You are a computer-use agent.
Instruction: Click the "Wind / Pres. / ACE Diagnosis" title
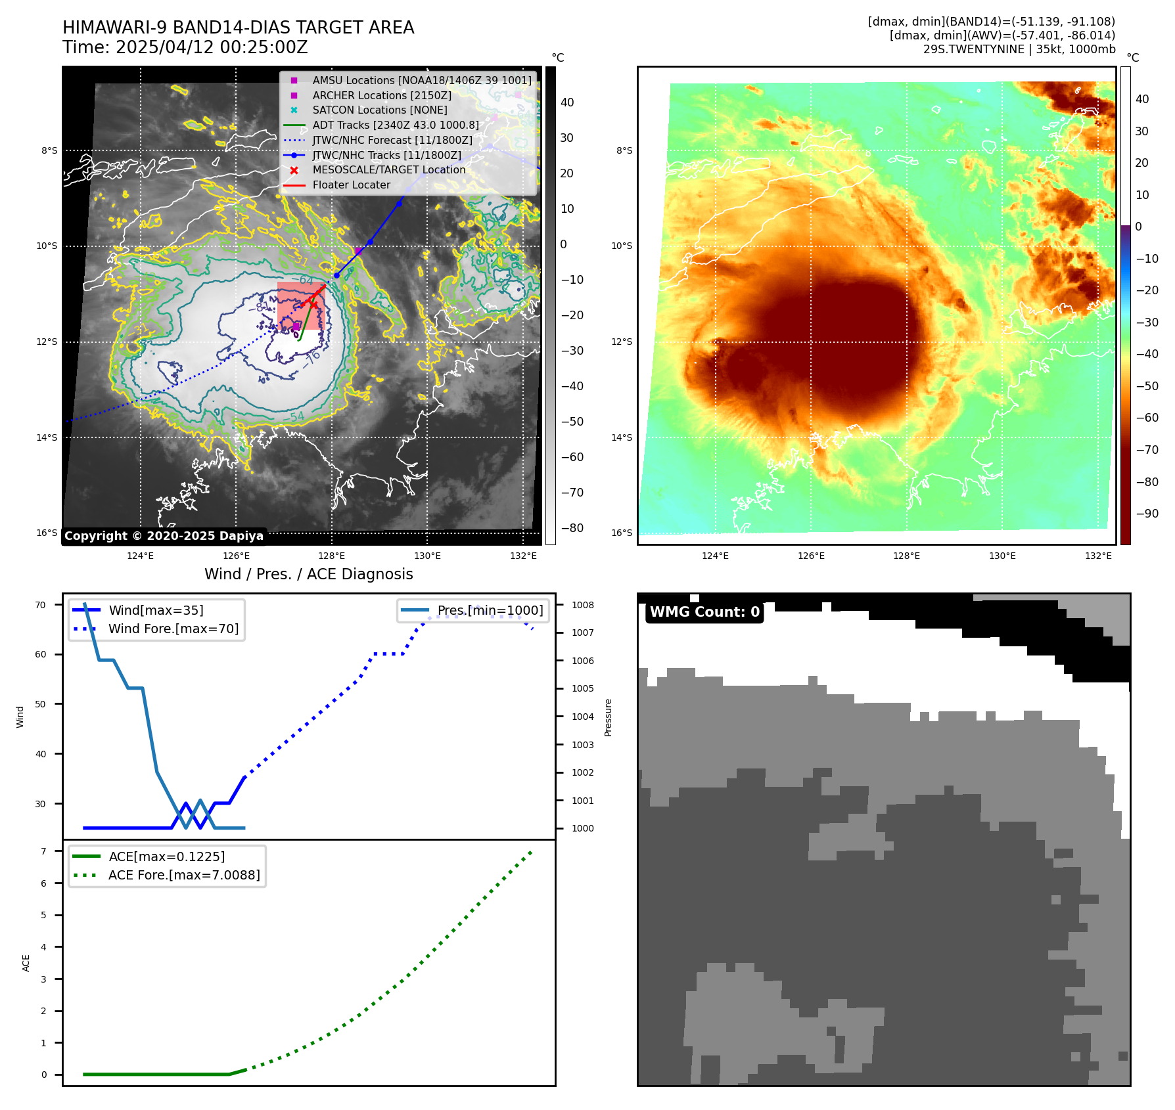tap(308, 574)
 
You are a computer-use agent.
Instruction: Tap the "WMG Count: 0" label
tap(704, 612)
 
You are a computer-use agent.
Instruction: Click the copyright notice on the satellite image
tap(164, 536)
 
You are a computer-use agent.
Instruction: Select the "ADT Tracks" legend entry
tap(395, 125)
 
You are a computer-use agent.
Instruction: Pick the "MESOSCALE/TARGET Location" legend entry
tap(388, 169)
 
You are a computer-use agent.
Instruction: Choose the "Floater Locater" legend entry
tap(351, 185)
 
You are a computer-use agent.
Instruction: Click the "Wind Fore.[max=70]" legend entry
tap(173, 629)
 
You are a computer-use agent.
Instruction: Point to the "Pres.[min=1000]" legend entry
tap(490, 610)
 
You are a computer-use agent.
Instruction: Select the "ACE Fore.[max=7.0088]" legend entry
tap(184, 875)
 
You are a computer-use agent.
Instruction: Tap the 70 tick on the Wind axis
tap(41, 605)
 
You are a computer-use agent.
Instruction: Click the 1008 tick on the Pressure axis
tap(582, 605)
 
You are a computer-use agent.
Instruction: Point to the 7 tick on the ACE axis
tap(43, 851)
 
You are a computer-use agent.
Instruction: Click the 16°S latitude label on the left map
tap(47, 533)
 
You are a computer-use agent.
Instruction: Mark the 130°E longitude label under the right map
tap(1002, 556)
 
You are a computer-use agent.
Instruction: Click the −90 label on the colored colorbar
tap(1147, 513)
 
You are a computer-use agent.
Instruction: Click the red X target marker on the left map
tap(313, 304)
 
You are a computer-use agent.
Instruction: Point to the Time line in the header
tap(185, 47)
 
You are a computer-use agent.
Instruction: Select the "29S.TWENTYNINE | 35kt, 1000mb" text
tap(1019, 49)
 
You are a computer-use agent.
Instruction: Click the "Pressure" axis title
tap(608, 717)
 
